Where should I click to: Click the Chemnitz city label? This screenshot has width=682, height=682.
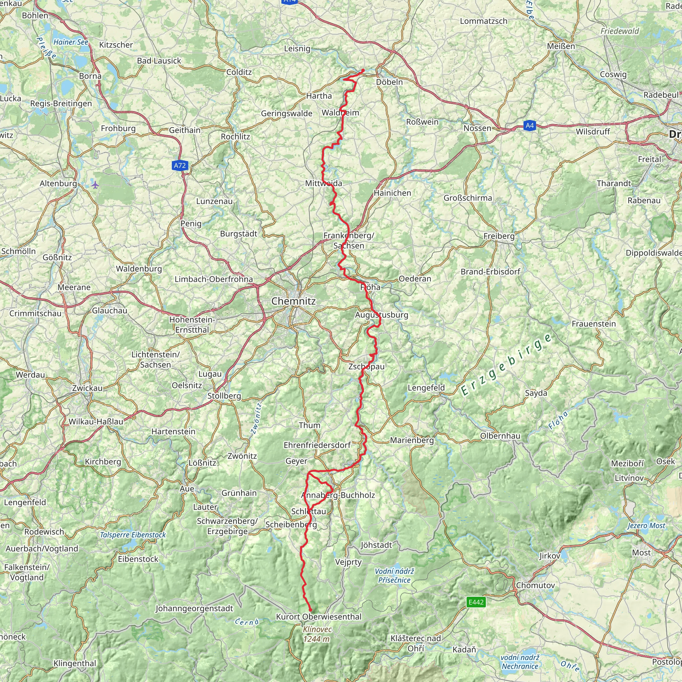(x=293, y=301)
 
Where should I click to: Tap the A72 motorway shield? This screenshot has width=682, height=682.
(x=180, y=166)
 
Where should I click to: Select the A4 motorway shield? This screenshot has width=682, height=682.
(x=529, y=125)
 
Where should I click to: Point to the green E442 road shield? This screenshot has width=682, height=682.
(x=476, y=602)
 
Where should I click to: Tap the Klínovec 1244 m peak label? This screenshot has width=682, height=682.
(x=317, y=634)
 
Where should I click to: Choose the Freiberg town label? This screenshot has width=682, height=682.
(x=499, y=236)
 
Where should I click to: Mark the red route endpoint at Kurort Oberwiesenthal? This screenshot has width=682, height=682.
(x=310, y=610)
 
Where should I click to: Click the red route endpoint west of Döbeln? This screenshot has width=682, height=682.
(x=363, y=71)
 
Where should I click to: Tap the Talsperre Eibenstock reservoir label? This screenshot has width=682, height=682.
(x=133, y=534)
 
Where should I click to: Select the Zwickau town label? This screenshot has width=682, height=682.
(x=87, y=388)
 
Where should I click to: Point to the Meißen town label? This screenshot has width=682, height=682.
(x=561, y=46)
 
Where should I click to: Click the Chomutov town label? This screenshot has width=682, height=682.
(x=535, y=585)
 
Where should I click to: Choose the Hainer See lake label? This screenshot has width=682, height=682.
(x=71, y=42)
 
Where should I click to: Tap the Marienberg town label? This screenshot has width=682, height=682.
(x=412, y=440)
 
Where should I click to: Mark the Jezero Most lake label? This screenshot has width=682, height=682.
(x=646, y=525)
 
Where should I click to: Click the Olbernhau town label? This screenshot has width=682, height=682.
(x=500, y=436)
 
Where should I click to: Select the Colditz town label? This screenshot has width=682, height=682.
(x=239, y=72)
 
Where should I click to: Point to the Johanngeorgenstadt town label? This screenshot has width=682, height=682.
(x=194, y=608)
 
